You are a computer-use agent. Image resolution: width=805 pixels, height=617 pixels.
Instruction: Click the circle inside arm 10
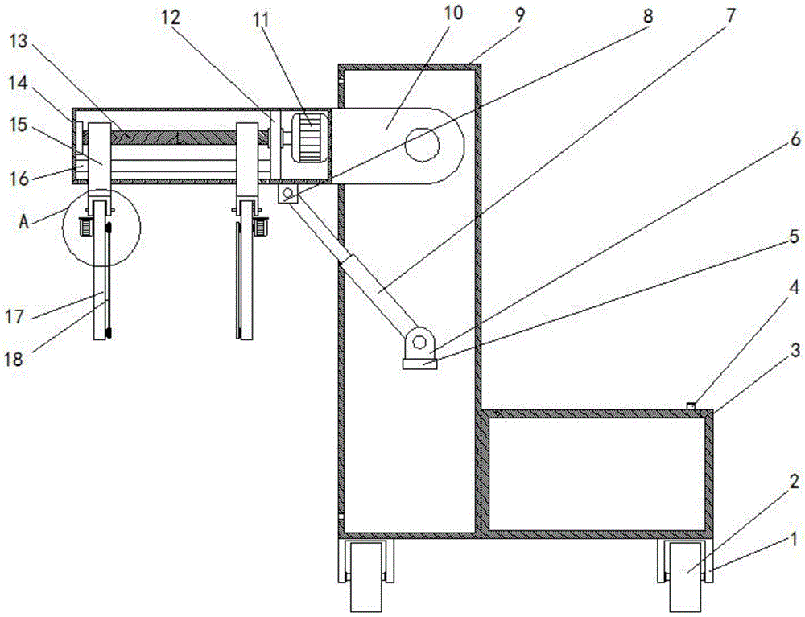point(422,145)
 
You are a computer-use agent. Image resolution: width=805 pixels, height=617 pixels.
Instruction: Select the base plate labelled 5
point(419,364)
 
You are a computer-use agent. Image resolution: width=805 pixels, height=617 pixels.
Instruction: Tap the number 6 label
point(795,140)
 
